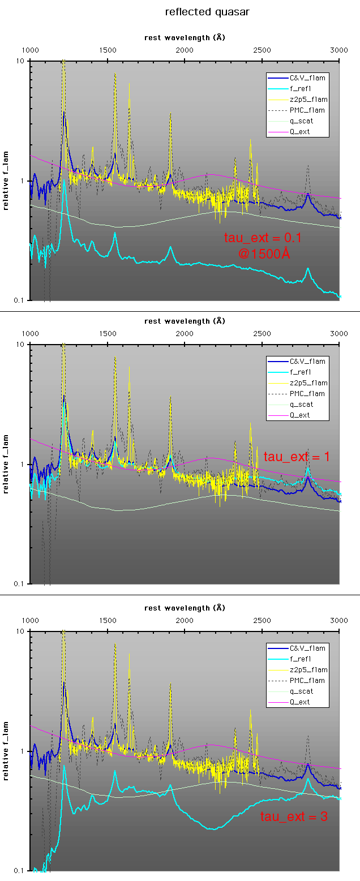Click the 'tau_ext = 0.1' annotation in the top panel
coord(263,238)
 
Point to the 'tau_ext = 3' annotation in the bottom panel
coord(294,816)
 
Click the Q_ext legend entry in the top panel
coord(300,132)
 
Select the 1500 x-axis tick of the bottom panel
coord(108,620)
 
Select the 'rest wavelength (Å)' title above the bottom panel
coord(185,608)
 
